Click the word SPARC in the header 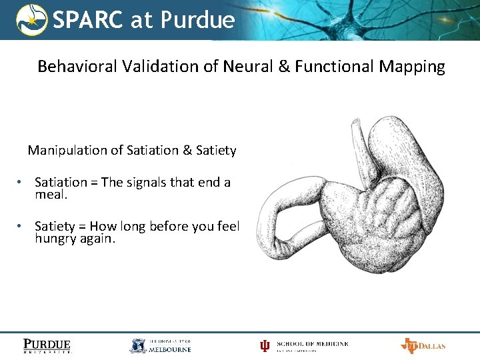click(x=88, y=20)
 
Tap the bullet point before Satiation click(x=21, y=183)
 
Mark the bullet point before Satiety click(x=21, y=226)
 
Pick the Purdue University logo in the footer click(x=47, y=345)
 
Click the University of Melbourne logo click(x=160, y=345)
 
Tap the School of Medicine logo click(x=304, y=345)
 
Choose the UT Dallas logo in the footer click(x=423, y=345)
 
